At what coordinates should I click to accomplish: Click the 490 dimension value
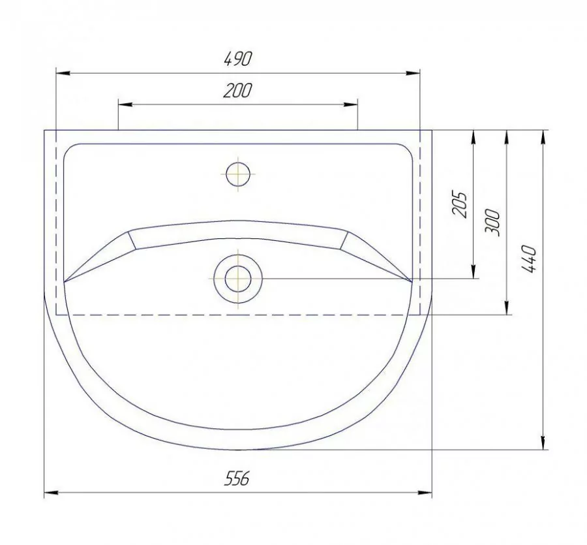[x=238, y=59]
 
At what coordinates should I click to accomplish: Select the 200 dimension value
[x=237, y=90]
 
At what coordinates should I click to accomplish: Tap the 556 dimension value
[x=237, y=478]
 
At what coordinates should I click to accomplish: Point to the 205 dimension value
[x=460, y=204]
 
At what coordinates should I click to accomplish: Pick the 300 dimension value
[x=492, y=223]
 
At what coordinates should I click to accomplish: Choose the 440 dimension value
[x=529, y=259]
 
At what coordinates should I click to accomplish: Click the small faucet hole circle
[x=238, y=174]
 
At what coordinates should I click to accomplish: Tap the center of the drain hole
[x=238, y=279]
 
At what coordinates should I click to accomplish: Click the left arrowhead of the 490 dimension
[x=63, y=73]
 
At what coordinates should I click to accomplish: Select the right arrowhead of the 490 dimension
[x=413, y=73]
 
